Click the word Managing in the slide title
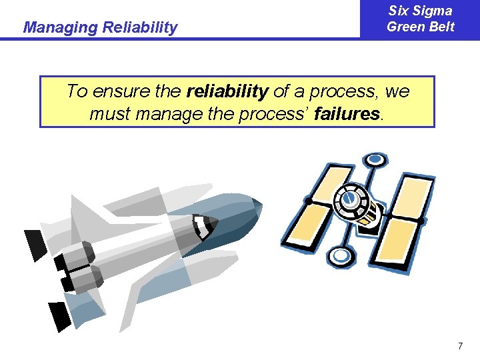pos(59,28)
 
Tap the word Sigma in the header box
pos(434,11)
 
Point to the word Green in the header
pos(405,27)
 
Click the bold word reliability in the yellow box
pos(228,91)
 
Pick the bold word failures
pos(347,114)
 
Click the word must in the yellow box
pos(111,114)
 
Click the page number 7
pos(460,346)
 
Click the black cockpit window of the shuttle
pos(205,227)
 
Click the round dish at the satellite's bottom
pos(341,255)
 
